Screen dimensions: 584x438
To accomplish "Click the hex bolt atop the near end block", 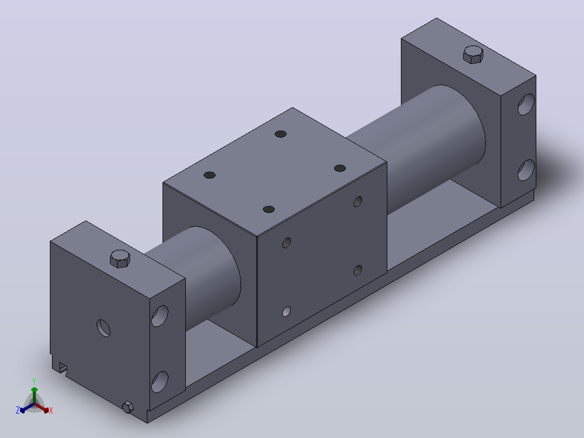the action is (120, 259).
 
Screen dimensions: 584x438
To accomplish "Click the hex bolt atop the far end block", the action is (473, 55).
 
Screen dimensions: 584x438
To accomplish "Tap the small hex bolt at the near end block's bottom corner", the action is (128, 407).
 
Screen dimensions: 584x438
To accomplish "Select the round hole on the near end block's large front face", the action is (103, 328).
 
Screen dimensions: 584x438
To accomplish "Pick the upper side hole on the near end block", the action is (160, 316).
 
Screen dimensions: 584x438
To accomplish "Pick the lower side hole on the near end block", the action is (160, 382).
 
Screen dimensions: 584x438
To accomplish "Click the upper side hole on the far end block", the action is (526, 105).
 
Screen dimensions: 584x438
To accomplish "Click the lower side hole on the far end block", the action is (526, 170).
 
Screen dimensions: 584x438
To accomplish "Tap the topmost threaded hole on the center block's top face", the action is (281, 134).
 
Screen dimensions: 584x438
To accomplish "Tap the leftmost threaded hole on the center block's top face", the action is (210, 175).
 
